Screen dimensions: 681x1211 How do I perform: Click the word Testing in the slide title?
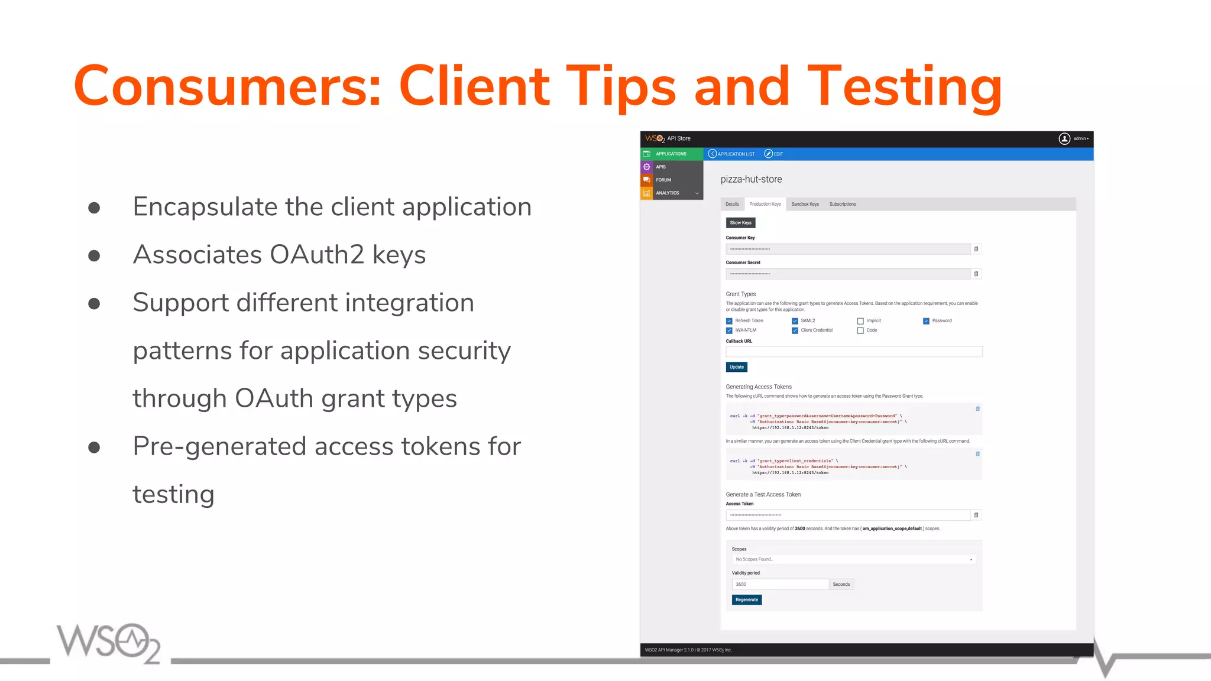tap(904, 87)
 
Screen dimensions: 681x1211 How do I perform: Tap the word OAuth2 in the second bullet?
tap(317, 255)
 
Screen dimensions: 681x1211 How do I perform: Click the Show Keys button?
tap(740, 223)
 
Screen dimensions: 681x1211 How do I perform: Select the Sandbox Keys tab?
tap(805, 205)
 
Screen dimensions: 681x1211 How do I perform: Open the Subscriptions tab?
tap(842, 205)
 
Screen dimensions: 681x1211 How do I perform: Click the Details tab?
tap(732, 205)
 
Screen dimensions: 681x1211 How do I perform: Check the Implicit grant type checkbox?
tap(860, 321)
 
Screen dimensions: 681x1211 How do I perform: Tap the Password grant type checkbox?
tap(926, 321)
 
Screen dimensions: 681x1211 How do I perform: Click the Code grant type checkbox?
tap(860, 330)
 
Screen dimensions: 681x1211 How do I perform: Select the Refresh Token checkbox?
tap(729, 321)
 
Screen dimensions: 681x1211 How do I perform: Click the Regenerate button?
tap(746, 600)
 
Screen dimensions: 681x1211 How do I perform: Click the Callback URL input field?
tap(853, 352)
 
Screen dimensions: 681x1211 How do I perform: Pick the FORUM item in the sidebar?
tap(663, 180)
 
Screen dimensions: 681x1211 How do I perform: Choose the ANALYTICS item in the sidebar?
tap(668, 193)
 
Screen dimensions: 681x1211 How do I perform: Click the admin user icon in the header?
tap(1064, 139)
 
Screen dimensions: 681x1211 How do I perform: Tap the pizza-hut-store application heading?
tap(751, 180)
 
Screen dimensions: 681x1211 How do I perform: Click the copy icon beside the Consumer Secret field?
tap(976, 274)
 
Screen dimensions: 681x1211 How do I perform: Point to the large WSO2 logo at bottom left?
tap(108, 643)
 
